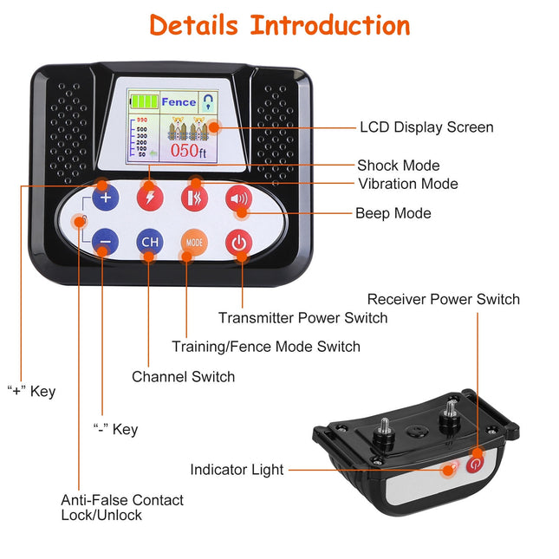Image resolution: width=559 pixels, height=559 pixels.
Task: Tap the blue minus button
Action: coord(106,243)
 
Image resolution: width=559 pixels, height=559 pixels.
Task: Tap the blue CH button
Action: coord(149,243)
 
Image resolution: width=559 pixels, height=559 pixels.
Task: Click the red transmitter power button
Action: coord(238,243)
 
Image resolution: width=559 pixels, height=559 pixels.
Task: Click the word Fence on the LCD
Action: coord(179,102)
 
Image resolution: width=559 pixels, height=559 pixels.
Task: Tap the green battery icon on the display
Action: coord(144,102)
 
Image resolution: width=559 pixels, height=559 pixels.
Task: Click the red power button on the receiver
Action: coord(475,465)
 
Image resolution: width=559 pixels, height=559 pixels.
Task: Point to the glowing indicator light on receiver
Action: coord(450,470)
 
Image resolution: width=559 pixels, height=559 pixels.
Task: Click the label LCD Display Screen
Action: coord(426,127)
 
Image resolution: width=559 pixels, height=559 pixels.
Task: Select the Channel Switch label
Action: coord(183,377)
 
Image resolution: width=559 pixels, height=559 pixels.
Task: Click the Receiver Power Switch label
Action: coord(443,299)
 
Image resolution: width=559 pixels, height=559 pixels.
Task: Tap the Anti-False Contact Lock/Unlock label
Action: coord(122,507)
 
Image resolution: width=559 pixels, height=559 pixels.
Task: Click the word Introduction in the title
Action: coord(330,25)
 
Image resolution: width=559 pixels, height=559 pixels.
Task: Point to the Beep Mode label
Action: coord(393,213)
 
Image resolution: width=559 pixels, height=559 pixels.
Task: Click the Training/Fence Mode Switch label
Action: coord(265,347)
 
